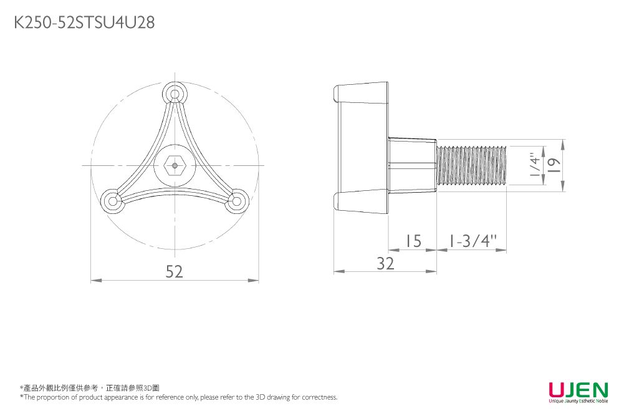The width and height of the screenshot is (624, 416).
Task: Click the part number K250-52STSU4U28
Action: (84, 22)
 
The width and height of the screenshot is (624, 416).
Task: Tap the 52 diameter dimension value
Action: (175, 271)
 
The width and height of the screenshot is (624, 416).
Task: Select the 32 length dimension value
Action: (385, 264)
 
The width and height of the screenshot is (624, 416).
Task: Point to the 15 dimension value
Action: (413, 241)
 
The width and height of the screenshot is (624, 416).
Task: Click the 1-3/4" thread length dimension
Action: (473, 241)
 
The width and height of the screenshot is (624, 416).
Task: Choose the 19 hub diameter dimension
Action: (554, 165)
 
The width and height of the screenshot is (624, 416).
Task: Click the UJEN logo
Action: (578, 389)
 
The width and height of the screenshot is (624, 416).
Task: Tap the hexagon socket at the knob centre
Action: (175, 165)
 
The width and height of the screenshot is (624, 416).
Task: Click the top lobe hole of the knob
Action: (175, 94)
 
